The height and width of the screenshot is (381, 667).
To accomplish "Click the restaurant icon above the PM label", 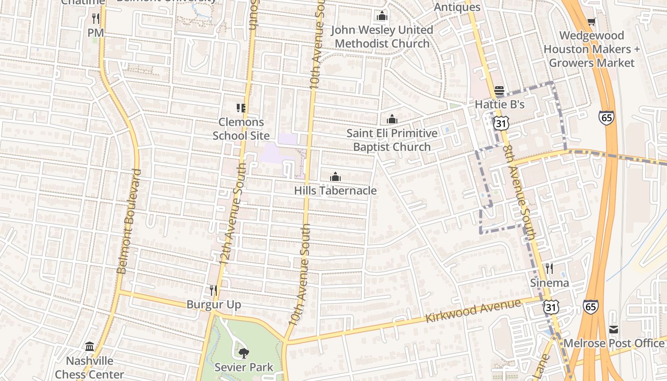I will pyautogui.click(x=96, y=19).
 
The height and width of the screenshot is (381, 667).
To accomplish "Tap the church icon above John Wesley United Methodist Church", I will pyautogui.click(x=382, y=16).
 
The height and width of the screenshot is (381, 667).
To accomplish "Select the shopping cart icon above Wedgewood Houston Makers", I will pyautogui.click(x=592, y=21).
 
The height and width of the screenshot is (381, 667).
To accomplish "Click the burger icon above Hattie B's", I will pyautogui.click(x=499, y=90).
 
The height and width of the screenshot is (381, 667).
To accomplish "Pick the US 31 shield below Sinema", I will pyautogui.click(x=551, y=307).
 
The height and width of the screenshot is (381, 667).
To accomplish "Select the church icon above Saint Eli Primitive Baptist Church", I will pyautogui.click(x=392, y=119).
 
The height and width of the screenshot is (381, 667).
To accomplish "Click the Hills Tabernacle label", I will pyautogui.click(x=335, y=191).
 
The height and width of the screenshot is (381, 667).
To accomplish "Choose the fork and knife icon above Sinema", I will pyautogui.click(x=549, y=269).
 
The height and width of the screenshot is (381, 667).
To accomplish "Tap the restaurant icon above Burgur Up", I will pyautogui.click(x=213, y=290).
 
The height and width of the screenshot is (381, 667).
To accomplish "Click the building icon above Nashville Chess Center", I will pyautogui.click(x=89, y=346).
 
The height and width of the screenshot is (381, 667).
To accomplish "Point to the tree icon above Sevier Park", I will pyautogui.click(x=243, y=353).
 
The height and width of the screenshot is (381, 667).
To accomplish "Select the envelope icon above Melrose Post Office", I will pyautogui.click(x=614, y=330).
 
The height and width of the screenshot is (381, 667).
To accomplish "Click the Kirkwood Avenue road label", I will pyautogui.click(x=473, y=311).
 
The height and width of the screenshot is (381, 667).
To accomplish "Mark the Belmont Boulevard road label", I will pyautogui.click(x=129, y=221).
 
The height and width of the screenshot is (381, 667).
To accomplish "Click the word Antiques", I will pyautogui.click(x=457, y=7).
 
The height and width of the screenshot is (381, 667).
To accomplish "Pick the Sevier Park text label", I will pyautogui.click(x=243, y=367).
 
